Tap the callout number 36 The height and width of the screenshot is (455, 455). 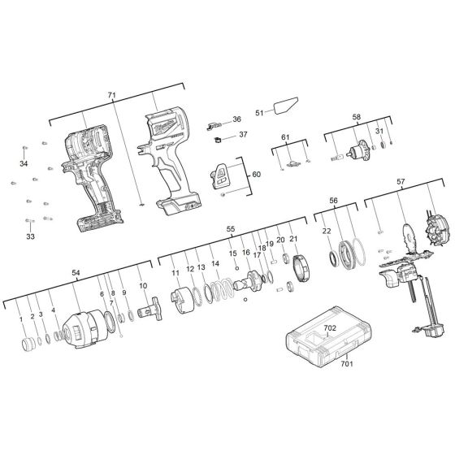(x=236, y=119)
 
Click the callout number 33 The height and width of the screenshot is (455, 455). (x=30, y=236)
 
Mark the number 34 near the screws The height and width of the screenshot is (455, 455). (x=24, y=163)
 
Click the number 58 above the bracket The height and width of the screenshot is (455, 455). (x=355, y=118)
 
